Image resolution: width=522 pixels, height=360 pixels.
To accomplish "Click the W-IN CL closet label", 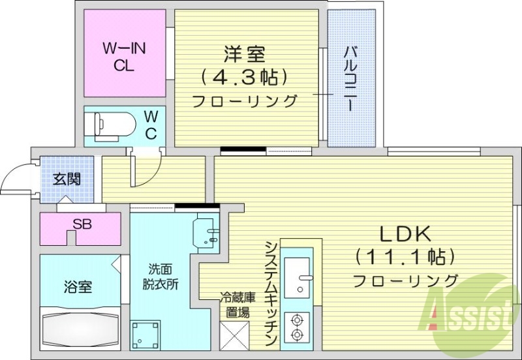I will pyautogui.click(x=123, y=56).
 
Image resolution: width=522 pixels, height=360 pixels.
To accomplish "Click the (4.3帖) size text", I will pyautogui.click(x=244, y=78).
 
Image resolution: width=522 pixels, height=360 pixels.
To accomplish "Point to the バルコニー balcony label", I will pyautogui.click(x=350, y=79).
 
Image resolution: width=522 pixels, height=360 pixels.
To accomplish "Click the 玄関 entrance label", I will pyautogui.click(x=67, y=178).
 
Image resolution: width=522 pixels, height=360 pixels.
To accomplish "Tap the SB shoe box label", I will pyautogui.click(x=82, y=224).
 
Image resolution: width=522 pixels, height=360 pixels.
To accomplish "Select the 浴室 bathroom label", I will pyautogui.click(x=78, y=286).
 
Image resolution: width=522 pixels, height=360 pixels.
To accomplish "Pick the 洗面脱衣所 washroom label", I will pyautogui.click(x=160, y=277).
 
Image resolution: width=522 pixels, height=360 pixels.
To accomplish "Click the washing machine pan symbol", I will pyautogui.click(x=144, y=333).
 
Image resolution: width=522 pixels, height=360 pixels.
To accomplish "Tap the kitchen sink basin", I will pyautogui.click(x=301, y=274).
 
